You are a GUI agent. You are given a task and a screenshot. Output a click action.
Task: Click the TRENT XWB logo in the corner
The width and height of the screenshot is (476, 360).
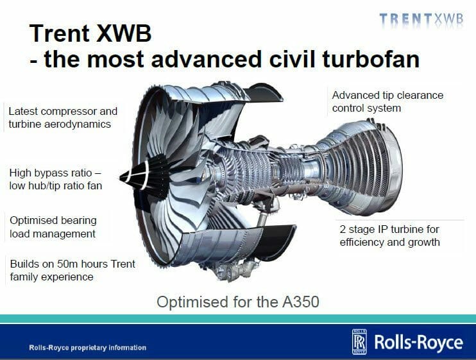421,19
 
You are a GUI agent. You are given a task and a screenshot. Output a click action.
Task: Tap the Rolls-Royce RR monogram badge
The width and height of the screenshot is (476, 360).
359,342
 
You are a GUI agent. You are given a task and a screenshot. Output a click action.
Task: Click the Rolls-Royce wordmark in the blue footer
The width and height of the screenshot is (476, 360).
419,343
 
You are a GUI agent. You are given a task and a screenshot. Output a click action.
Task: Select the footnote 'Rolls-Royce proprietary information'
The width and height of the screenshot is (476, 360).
87,348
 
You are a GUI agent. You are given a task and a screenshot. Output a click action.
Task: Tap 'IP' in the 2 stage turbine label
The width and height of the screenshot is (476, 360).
385,229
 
